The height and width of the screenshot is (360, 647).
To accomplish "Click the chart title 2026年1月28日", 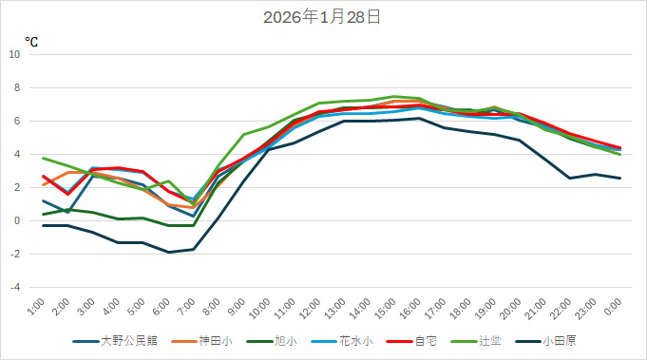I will pos(323,17).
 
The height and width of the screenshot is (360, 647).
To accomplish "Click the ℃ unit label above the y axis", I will pos(31,42).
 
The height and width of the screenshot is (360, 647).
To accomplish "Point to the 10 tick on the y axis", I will pos(14,55).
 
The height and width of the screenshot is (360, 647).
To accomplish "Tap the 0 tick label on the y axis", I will pos(17,221).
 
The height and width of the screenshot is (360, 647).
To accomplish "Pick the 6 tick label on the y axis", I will pos(17,122).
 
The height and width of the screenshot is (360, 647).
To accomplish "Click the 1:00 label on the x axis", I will pos(37,307).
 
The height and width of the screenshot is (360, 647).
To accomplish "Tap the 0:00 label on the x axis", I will pos(614,307).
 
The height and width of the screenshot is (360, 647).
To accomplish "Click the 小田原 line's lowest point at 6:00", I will pos(168,253).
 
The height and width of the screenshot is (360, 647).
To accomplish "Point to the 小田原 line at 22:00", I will pos(569,178).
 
